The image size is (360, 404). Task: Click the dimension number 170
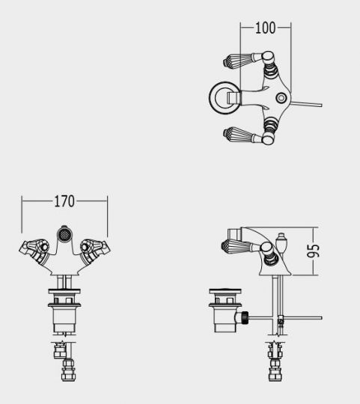(65, 201)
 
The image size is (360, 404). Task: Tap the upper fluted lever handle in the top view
(238, 61)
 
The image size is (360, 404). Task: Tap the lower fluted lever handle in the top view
(238, 135)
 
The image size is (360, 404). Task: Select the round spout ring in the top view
(222, 97)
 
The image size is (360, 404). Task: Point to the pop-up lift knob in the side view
(281, 242)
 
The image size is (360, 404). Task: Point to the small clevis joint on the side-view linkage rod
(281, 322)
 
